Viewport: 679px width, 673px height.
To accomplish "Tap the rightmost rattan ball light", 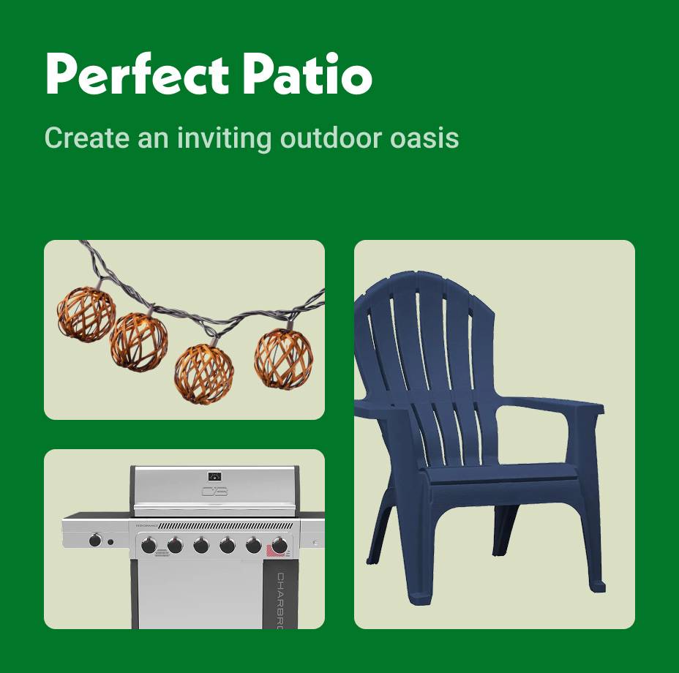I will (284, 358).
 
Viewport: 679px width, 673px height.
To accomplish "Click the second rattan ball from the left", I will (138, 340).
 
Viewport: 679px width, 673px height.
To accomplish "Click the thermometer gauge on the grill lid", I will (214, 475).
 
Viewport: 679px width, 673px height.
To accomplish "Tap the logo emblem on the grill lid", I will (214, 491).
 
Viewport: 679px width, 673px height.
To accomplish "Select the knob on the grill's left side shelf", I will (95, 541).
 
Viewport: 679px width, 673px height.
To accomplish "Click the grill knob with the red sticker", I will (279, 545).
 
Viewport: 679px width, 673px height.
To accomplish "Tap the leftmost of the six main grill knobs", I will (149, 545).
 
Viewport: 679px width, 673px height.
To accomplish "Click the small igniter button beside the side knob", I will (110, 542).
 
